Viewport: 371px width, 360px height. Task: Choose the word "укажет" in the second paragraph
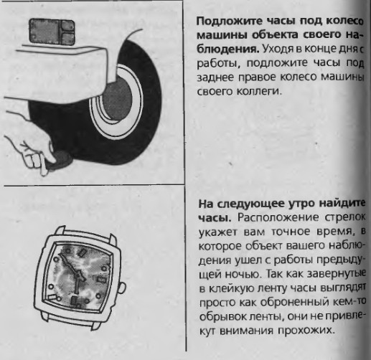coord(217,230)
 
